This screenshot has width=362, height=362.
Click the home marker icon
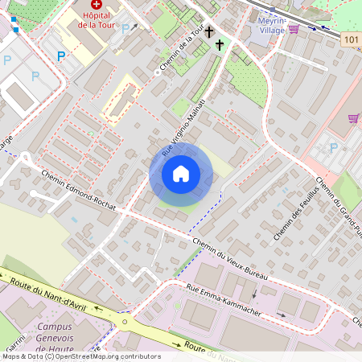point(181,174)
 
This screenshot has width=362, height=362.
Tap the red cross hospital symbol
point(98,5)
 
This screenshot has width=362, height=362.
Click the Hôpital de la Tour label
point(97,20)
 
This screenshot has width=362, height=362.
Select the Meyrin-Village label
point(266,26)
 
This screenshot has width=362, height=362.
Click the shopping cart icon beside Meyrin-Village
point(294,29)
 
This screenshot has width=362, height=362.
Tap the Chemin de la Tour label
point(179,49)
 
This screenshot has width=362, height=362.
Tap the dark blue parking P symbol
point(61,56)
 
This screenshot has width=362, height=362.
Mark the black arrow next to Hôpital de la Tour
point(134,27)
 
